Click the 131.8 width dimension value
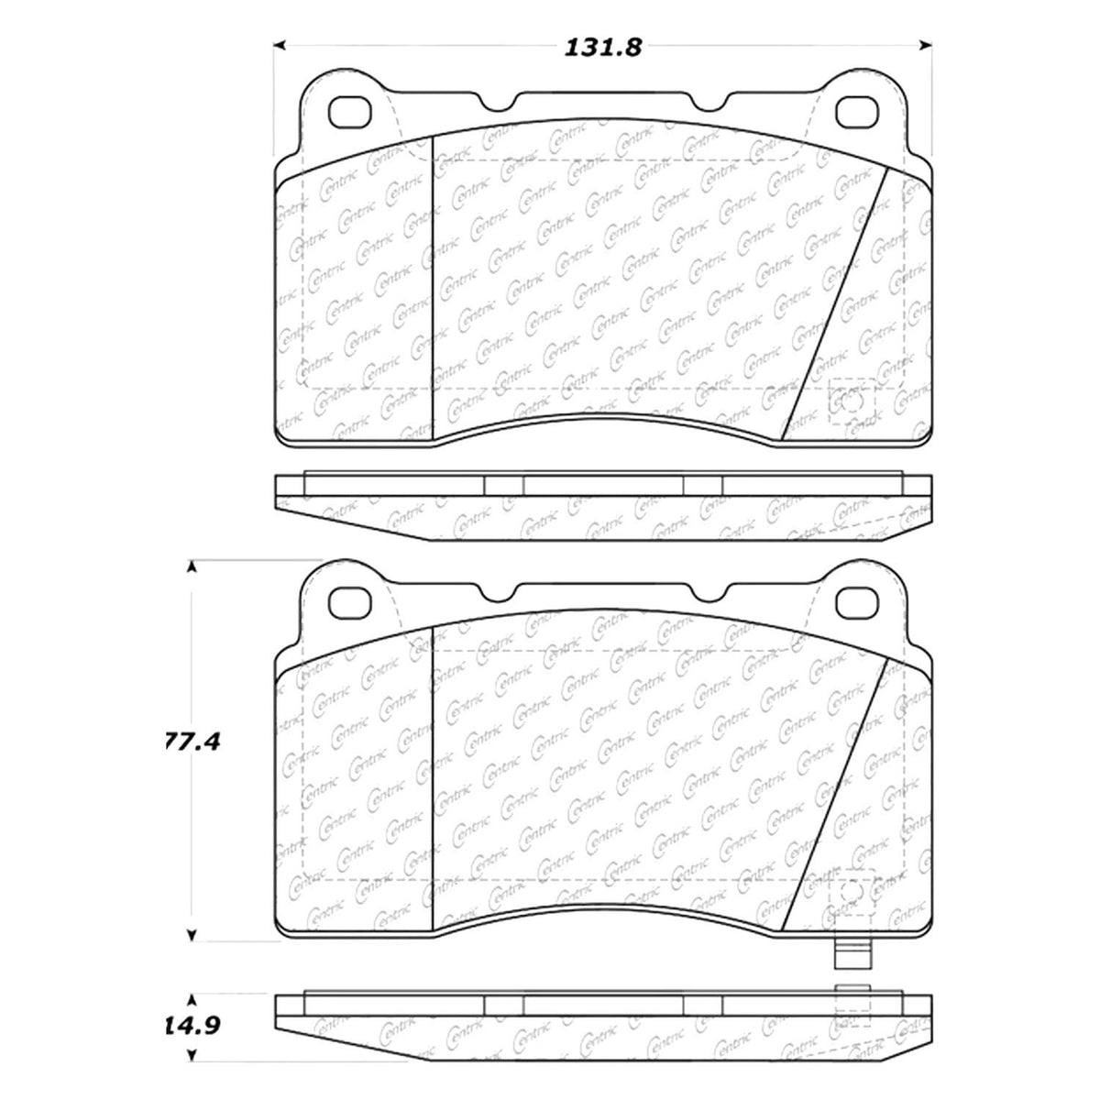602,47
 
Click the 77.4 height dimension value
189,742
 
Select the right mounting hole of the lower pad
858,601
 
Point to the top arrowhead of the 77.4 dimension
192,568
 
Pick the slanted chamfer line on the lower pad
835,793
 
